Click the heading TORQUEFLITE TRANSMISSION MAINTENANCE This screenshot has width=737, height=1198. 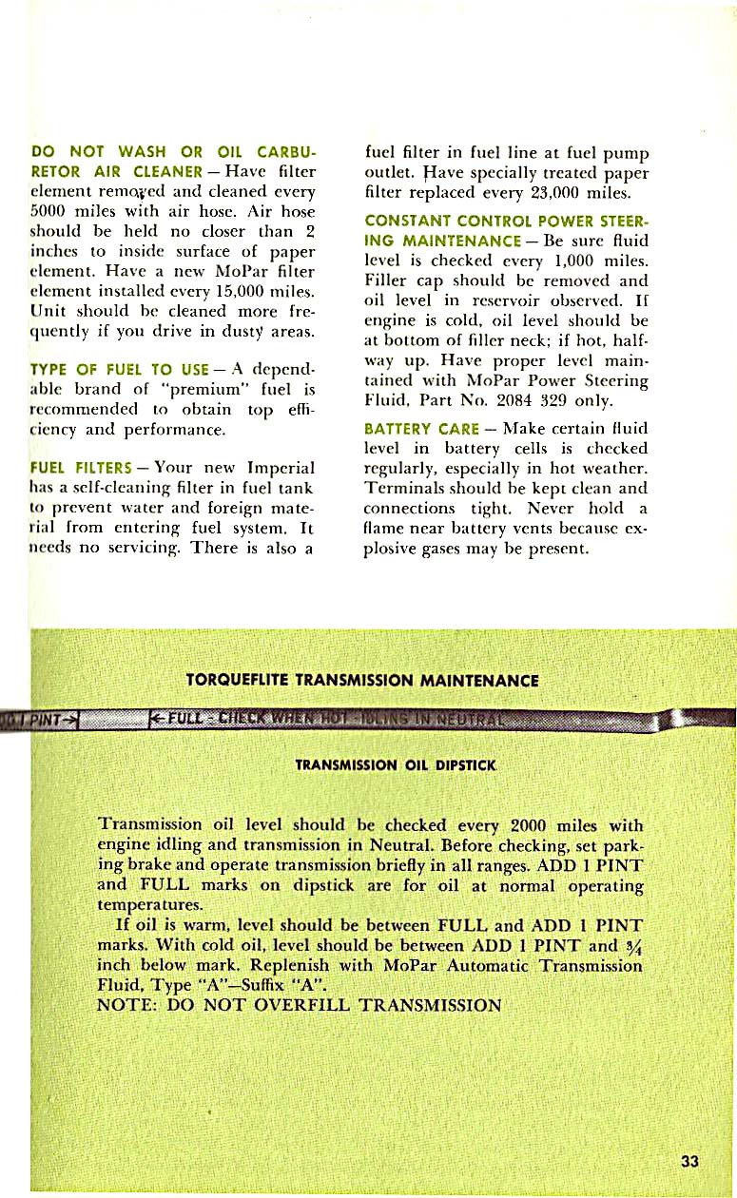[363, 681]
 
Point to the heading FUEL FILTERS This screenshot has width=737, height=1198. [80, 468]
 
